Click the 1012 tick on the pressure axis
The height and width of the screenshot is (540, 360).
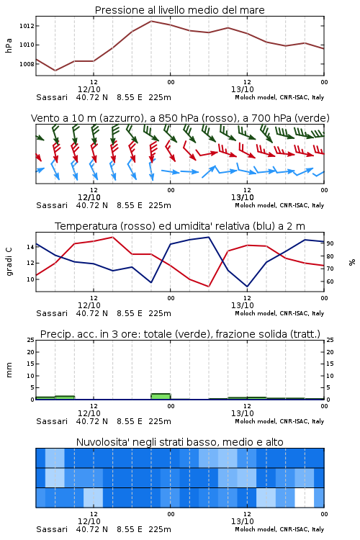tap(26, 26)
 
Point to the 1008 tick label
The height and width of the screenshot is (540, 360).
tap(26, 64)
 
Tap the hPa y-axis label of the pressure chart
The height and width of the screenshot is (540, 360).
tap(9, 45)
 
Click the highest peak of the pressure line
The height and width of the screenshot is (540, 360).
tap(151, 21)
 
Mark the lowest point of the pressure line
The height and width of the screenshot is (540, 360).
tap(55, 71)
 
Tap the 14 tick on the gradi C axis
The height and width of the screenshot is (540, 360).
tap(30, 247)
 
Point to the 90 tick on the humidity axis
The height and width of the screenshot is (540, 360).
tap(330, 243)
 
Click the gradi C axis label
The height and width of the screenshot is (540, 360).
tap(9, 261)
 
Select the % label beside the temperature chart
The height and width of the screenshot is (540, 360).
tap(352, 262)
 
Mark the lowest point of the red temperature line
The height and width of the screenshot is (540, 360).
tap(209, 287)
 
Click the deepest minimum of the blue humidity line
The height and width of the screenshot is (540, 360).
tap(247, 287)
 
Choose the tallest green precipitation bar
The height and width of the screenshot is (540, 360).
tap(161, 397)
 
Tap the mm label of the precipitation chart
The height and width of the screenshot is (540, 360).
tap(9, 369)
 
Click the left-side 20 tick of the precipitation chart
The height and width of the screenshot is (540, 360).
tap(30, 352)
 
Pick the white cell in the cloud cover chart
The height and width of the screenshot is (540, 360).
tap(305, 498)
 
